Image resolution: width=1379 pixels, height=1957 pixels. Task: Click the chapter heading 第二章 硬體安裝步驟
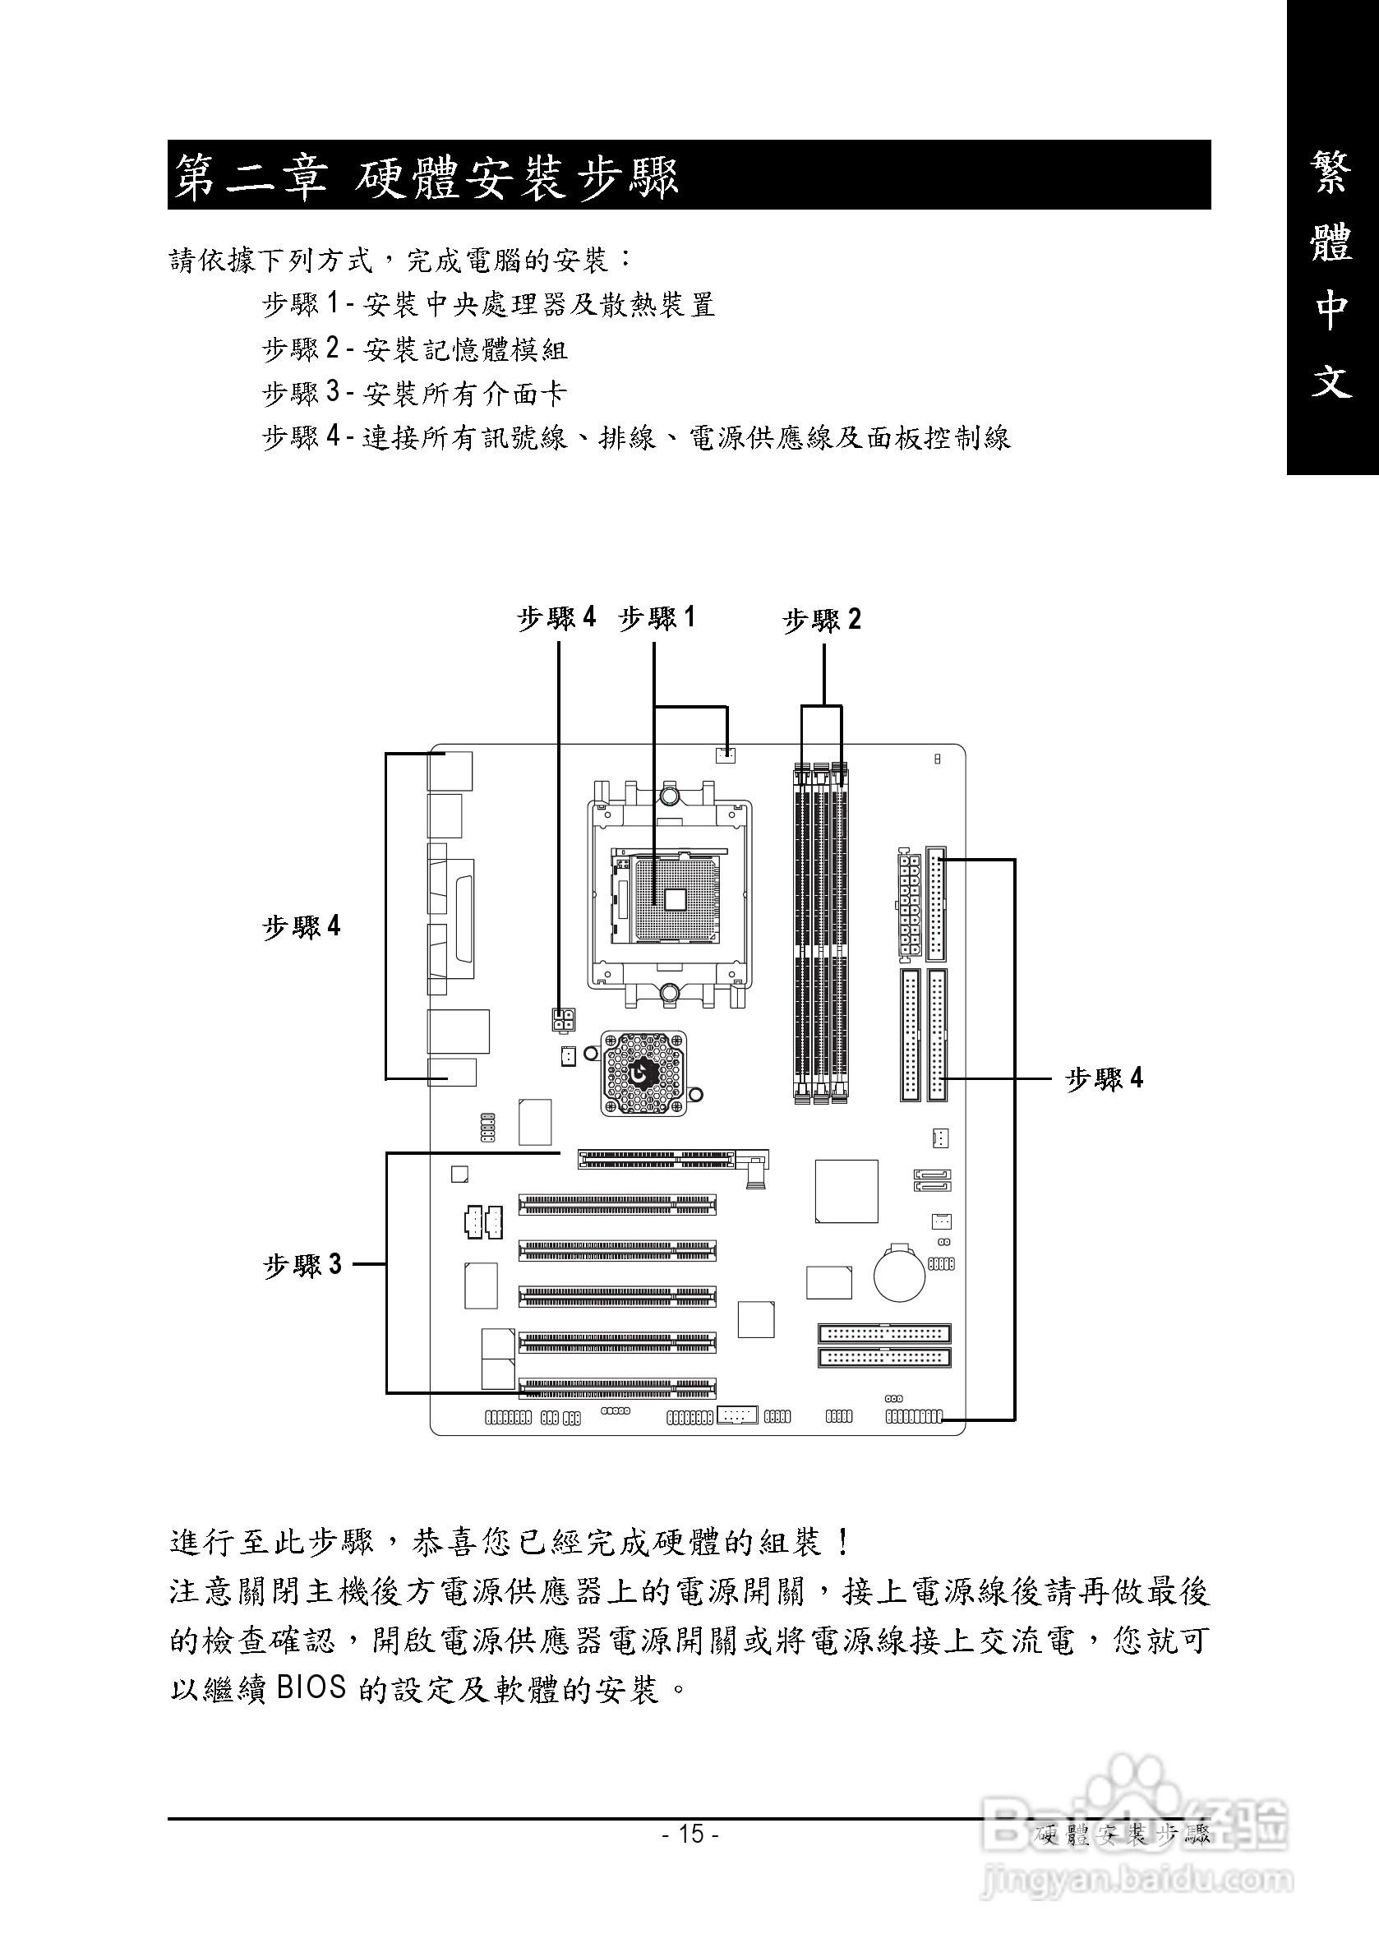coord(427,177)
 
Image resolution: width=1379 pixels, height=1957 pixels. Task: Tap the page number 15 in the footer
coord(690,1834)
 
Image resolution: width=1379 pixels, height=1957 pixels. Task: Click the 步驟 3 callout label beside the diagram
coord(302,1265)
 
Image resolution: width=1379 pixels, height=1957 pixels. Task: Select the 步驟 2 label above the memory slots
coord(822,620)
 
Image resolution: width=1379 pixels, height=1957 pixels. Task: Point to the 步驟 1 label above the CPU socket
coord(657,617)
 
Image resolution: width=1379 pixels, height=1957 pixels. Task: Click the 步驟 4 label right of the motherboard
coord(1104,1079)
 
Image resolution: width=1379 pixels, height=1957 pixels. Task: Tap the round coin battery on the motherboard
coord(899,1275)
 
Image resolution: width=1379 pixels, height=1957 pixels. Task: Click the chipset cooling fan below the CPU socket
coord(643,1073)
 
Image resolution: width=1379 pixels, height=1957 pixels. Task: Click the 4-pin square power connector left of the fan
coord(561,1018)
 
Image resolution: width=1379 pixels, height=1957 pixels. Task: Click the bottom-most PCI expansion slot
coord(617,1388)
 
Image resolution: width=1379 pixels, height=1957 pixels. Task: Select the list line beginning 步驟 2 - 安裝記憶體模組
coord(414,348)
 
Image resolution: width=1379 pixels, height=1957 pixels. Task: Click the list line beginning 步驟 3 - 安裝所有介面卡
coord(414,393)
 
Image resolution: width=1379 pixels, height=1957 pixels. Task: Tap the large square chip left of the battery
coord(846,1191)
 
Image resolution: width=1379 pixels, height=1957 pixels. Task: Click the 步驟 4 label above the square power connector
coord(556,617)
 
